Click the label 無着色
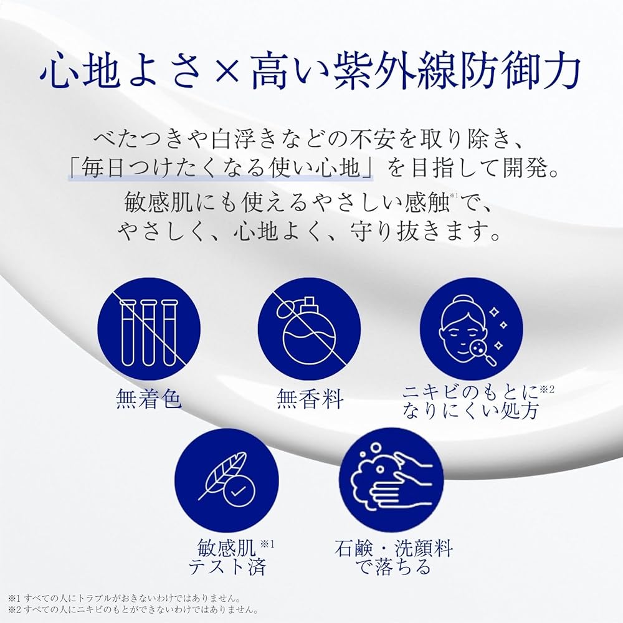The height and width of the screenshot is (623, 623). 149,399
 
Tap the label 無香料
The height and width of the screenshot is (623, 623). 310,399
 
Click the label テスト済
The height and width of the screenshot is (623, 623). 227,568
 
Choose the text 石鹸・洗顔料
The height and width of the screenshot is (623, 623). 392,548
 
